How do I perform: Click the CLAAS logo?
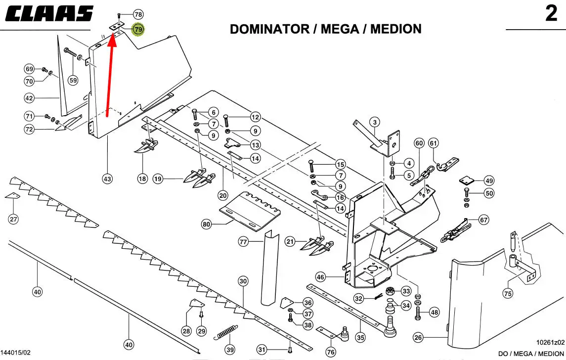(49, 14)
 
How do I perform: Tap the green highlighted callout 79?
(138, 29)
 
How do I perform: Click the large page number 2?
(551, 14)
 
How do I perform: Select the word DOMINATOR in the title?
(269, 29)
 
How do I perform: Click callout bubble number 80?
(206, 224)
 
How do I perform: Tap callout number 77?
(243, 241)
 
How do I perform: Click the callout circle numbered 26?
(418, 338)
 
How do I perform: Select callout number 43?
(107, 179)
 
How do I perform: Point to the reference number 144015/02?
(16, 353)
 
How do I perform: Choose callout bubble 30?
(243, 281)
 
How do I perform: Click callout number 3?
(375, 122)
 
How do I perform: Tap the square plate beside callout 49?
(466, 180)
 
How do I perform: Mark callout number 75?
(508, 294)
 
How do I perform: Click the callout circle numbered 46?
(320, 277)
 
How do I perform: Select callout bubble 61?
(433, 143)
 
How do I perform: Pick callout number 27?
(13, 219)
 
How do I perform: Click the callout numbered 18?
(142, 179)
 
